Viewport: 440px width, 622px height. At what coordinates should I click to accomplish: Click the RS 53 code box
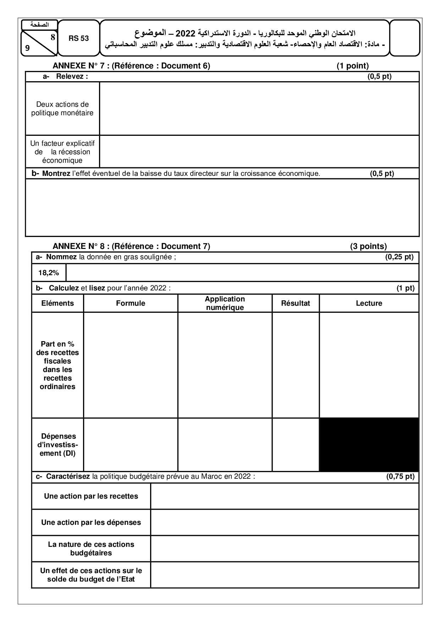[78, 38]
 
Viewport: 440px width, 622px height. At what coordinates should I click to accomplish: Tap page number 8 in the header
[53, 37]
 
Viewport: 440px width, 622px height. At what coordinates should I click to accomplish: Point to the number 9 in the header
[27, 48]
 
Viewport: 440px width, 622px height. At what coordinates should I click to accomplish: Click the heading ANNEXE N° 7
[131, 66]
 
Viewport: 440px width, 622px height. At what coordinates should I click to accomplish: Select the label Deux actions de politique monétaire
[62, 109]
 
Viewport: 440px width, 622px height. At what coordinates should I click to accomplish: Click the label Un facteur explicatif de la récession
[62, 152]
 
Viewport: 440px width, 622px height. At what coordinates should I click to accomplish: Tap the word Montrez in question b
[56, 173]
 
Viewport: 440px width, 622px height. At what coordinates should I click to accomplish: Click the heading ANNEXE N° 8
[131, 246]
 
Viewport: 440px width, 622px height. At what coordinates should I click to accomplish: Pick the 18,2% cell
[49, 273]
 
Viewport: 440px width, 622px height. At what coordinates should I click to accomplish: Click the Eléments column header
[57, 303]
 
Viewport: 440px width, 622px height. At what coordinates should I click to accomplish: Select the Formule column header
[131, 303]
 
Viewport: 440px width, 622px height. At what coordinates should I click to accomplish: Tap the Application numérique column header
[225, 303]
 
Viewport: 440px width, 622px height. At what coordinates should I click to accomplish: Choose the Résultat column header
[296, 303]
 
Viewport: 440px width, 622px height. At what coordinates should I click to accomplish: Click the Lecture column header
[369, 303]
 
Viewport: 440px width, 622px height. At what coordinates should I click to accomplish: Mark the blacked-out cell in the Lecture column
[369, 445]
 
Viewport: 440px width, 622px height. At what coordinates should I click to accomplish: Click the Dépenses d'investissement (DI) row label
[57, 445]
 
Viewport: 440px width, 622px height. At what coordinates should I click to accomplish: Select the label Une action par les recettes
[91, 496]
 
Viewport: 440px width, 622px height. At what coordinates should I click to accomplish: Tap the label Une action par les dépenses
[91, 522]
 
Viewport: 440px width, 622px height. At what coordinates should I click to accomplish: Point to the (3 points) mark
[368, 246]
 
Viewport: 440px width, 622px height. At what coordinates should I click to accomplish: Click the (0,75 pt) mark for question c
[400, 476]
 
